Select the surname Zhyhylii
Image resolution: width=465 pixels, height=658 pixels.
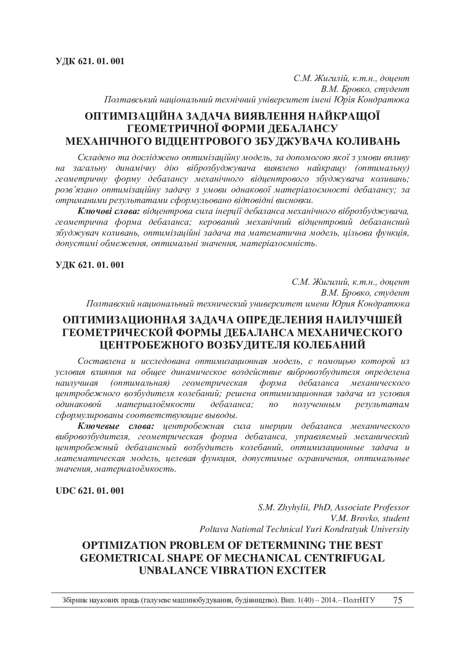[x=292, y=508]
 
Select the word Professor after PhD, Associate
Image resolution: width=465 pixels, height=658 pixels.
[x=391, y=508]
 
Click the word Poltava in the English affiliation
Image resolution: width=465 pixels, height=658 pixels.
[x=213, y=529]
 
